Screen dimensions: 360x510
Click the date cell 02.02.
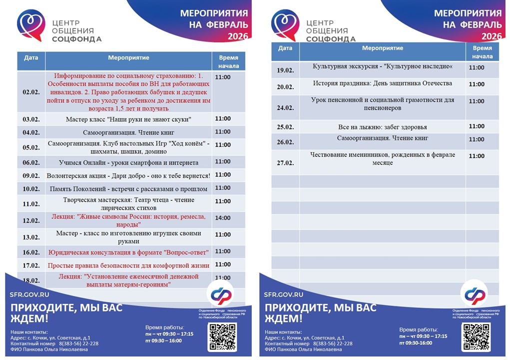[x=31, y=92]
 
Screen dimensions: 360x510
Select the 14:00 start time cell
[x=223, y=218]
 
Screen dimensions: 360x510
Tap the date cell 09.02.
[x=31, y=175]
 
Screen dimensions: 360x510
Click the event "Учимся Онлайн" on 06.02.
[x=128, y=162]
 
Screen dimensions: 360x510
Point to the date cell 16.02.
[x=31, y=252]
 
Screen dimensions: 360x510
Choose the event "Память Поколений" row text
[x=128, y=189]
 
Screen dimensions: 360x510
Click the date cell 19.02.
[x=285, y=70]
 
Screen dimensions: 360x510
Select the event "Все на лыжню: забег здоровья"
[x=383, y=127]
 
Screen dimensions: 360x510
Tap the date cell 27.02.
[x=285, y=162]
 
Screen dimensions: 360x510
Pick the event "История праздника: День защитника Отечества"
[x=383, y=83]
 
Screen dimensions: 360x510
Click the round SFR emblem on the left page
[x=221, y=294]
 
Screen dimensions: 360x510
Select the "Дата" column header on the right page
[x=285, y=48]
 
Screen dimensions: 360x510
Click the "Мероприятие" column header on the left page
[x=128, y=58]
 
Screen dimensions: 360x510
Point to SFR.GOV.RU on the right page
[x=284, y=294]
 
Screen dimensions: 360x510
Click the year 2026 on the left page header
[x=238, y=36]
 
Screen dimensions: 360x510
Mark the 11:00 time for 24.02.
[x=477, y=101]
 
